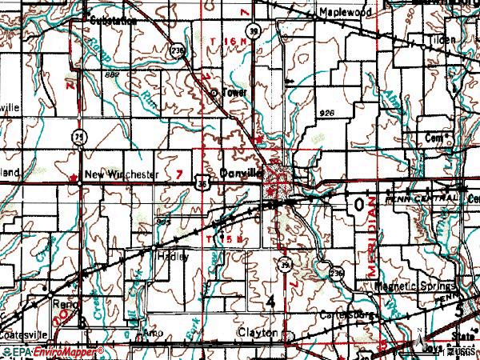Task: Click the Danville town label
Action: [241, 171]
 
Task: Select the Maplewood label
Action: [345, 14]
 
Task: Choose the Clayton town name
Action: [257, 332]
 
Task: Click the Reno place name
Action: [63, 304]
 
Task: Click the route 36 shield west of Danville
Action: [204, 184]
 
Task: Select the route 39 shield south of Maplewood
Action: [253, 31]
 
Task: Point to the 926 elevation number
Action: [325, 111]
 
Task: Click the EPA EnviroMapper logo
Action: [53, 351]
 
